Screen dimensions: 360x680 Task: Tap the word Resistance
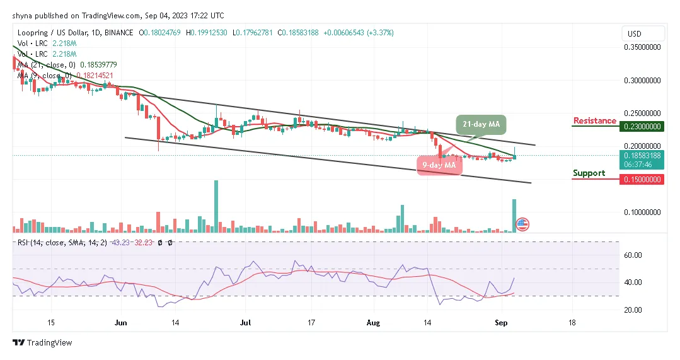click(x=594, y=120)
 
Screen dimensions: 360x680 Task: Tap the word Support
click(x=589, y=173)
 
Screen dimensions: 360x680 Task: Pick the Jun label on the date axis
click(x=121, y=322)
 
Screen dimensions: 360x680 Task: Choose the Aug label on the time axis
click(x=374, y=322)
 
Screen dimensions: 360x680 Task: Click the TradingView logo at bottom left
click(x=43, y=343)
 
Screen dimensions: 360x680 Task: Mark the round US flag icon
click(x=522, y=224)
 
